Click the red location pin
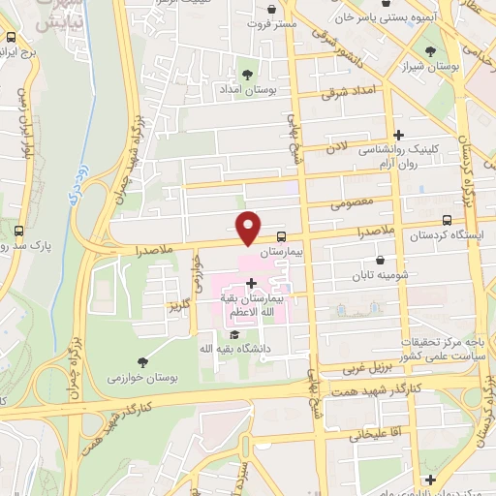coord(249,226)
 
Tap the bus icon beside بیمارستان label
coord(281,235)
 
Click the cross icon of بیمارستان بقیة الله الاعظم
coord(251,283)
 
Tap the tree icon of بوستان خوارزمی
coord(144,360)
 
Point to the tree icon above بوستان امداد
coord(247,73)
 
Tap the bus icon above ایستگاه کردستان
coord(446,221)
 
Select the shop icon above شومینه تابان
coord(381,260)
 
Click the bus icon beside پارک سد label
coord(19,231)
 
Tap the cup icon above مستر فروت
coord(270,19)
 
